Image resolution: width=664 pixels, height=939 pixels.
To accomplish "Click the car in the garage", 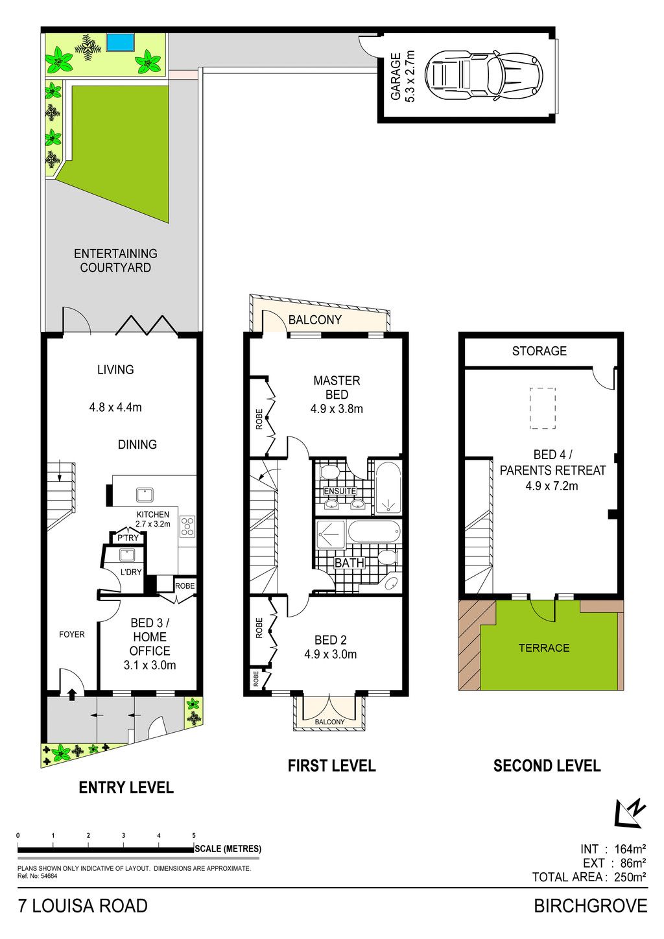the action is (484, 76).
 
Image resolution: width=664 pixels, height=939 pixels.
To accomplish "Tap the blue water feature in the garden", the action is (120, 42).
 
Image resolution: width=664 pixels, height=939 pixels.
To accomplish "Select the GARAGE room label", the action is (396, 77).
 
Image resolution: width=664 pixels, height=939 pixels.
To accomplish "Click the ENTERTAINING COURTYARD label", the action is (115, 260).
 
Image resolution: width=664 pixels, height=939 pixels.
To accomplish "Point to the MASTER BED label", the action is (337, 387).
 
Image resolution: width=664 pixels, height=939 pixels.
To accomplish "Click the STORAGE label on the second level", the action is (539, 351).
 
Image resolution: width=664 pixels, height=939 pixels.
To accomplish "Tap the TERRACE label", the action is (544, 648).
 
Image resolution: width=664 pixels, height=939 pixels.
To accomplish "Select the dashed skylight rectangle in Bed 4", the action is (543, 408).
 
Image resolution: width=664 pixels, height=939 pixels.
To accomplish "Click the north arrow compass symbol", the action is (630, 813).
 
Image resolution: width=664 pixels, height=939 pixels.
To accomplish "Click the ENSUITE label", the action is (340, 491).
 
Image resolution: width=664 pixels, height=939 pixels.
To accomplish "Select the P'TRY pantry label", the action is (128, 538).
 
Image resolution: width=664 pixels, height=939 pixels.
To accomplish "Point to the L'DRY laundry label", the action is (131, 572).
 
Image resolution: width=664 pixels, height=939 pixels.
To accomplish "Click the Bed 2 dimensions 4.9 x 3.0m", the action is (330, 654).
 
